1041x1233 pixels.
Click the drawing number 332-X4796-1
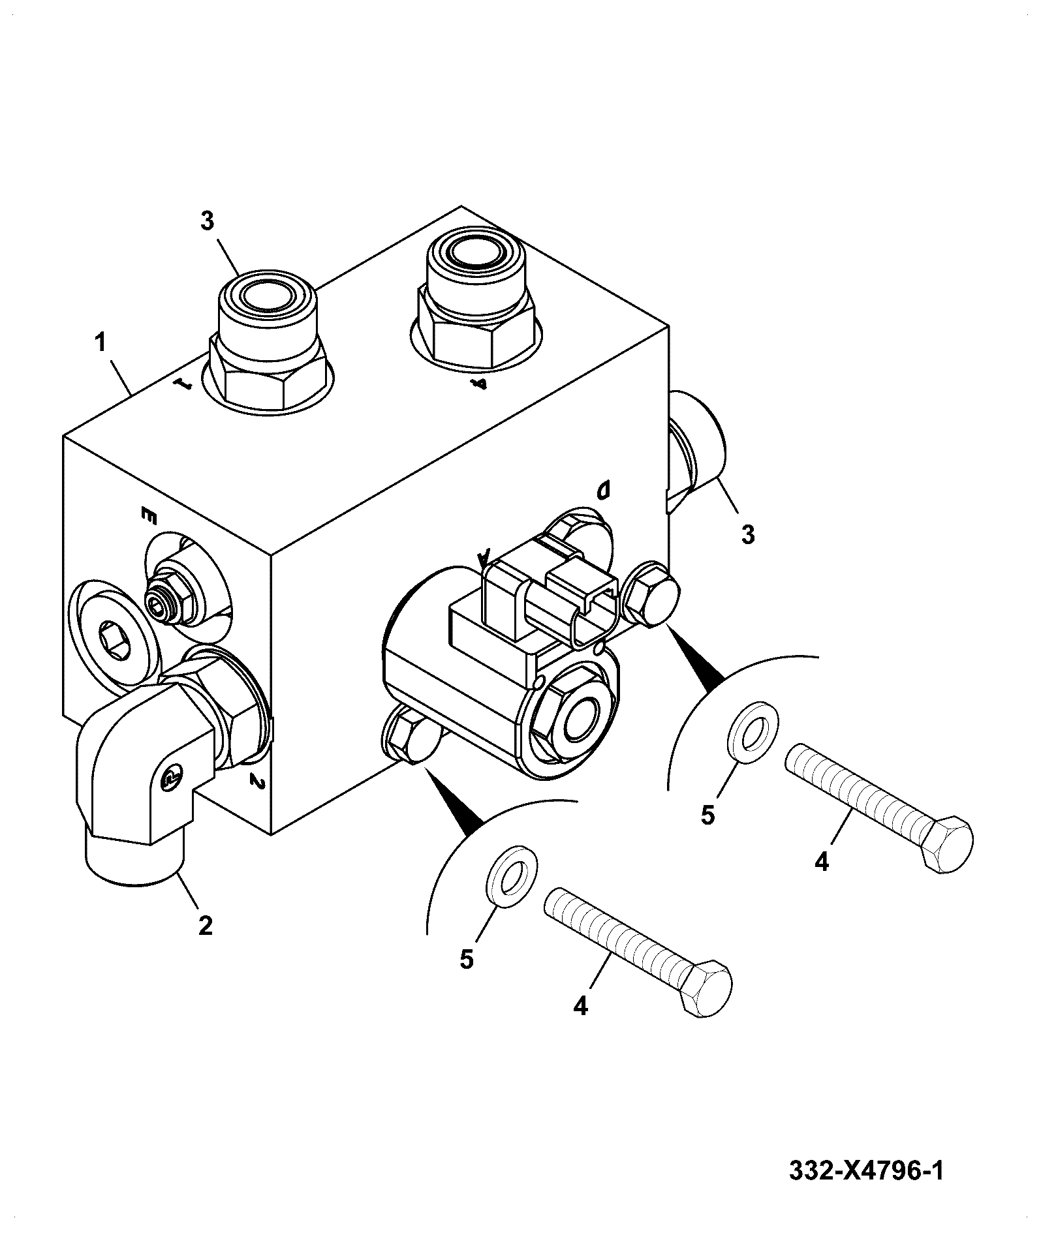pos(866,1172)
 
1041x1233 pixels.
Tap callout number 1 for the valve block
pos(101,342)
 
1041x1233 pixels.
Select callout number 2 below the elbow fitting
pos(205,924)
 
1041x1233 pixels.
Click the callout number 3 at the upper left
pos(207,221)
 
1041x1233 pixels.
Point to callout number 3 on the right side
pos(748,534)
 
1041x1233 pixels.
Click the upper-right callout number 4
pos(822,862)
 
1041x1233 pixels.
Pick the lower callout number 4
pos(580,1024)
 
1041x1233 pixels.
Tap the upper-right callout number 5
pos(708,815)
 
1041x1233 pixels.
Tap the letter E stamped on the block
pos(150,516)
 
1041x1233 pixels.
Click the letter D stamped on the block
pos(603,489)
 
